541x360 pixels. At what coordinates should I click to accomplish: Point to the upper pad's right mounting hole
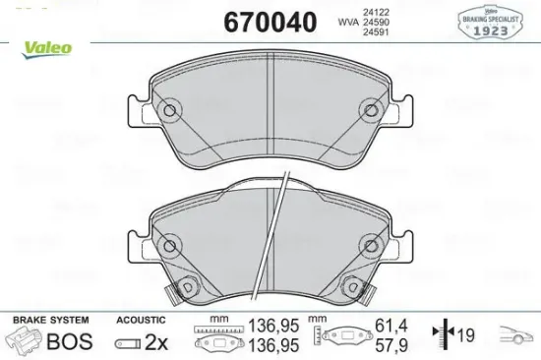pos(371,110)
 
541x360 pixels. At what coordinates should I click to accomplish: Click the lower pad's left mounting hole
pos(169,244)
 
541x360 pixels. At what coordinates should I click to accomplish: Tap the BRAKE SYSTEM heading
pos(49,321)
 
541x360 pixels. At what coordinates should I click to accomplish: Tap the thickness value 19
pos(466,335)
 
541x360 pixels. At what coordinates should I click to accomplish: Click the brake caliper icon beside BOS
pos(25,340)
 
